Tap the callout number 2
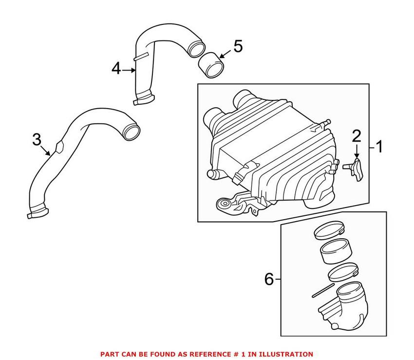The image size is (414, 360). [x=356, y=135]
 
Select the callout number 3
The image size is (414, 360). [x=37, y=140]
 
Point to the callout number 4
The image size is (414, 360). [x=115, y=69]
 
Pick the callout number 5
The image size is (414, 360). [x=237, y=47]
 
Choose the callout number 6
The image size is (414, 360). [x=269, y=279]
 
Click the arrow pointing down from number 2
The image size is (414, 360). [x=356, y=150]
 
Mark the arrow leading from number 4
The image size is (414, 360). [x=129, y=70]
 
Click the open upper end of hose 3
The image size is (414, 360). [x=132, y=131]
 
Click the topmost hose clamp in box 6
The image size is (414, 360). [x=329, y=231]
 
